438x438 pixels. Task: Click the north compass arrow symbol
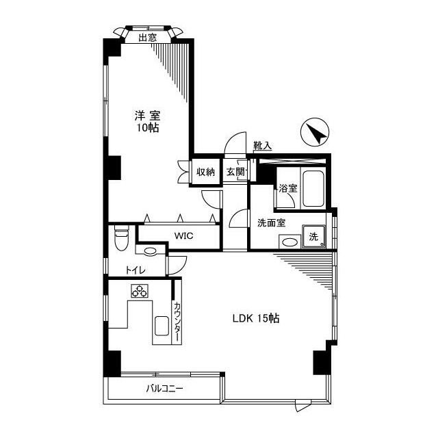315,131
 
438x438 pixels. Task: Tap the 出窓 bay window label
148,38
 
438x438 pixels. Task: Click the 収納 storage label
206,172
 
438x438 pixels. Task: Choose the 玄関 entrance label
235,172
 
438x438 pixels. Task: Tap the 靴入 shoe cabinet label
262,145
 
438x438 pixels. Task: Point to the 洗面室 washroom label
272,223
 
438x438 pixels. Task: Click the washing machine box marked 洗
313,236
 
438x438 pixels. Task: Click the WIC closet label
183,236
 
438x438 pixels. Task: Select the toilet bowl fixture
122,240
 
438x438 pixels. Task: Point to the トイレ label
135,271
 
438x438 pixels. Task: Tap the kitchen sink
162,326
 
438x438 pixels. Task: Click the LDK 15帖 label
255,318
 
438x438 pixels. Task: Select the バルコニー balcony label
164,389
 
